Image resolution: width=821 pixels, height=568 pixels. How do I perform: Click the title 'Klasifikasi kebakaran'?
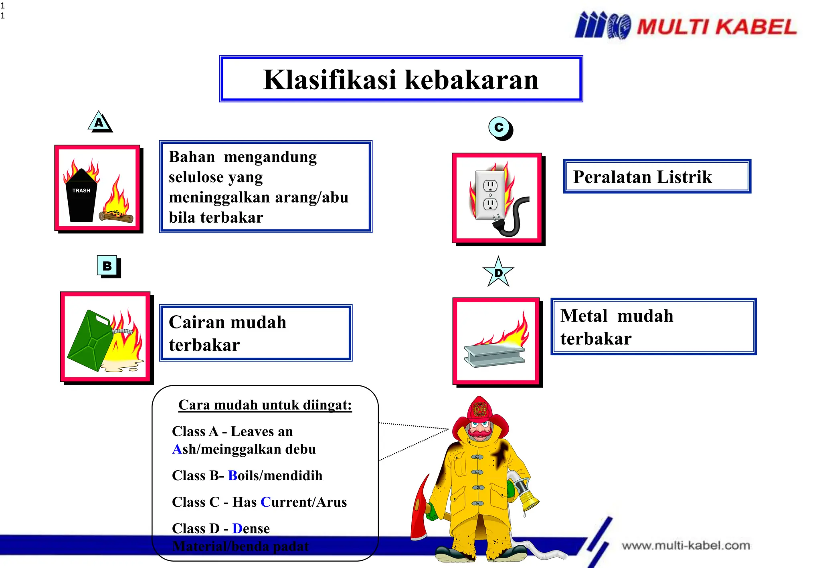401,79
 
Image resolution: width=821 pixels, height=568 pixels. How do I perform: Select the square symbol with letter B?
107,266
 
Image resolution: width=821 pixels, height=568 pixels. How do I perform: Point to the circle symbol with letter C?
499,128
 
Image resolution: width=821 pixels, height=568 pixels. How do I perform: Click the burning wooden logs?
116,217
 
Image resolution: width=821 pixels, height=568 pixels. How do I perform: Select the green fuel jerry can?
91,340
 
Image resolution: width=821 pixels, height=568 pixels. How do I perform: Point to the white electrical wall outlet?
490,195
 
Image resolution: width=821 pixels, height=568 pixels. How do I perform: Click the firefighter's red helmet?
480,413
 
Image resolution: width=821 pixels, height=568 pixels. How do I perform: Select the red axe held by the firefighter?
420,509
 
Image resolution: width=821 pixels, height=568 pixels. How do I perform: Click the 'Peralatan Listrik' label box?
657,177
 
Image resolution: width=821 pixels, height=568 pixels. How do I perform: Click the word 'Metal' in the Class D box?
584,316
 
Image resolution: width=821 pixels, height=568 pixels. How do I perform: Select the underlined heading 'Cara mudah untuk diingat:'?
265,405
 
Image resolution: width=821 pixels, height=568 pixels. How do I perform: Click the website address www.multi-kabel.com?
686,546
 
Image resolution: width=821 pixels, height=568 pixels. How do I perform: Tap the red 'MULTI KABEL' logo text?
716,27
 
